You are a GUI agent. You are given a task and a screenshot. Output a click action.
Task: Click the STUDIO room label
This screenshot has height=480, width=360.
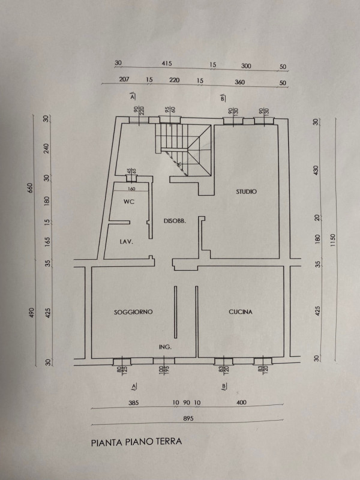(246, 192)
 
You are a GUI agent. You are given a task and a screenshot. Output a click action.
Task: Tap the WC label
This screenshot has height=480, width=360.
(128, 202)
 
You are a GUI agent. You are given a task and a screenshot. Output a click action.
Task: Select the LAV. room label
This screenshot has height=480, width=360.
(126, 241)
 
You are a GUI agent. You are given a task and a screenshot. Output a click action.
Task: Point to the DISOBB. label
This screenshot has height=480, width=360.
(175, 221)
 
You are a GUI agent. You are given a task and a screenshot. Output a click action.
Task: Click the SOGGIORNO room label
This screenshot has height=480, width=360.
(133, 312)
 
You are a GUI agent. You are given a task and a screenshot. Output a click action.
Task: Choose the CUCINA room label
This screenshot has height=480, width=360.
(240, 312)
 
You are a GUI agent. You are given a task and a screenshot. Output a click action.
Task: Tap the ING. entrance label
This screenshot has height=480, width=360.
(166, 347)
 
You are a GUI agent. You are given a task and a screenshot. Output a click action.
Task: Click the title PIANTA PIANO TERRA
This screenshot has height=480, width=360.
(135, 445)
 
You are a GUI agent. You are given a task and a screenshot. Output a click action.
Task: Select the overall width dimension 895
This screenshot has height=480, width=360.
(187, 418)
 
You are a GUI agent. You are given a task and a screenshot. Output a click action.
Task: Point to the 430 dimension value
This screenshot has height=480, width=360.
(316, 170)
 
